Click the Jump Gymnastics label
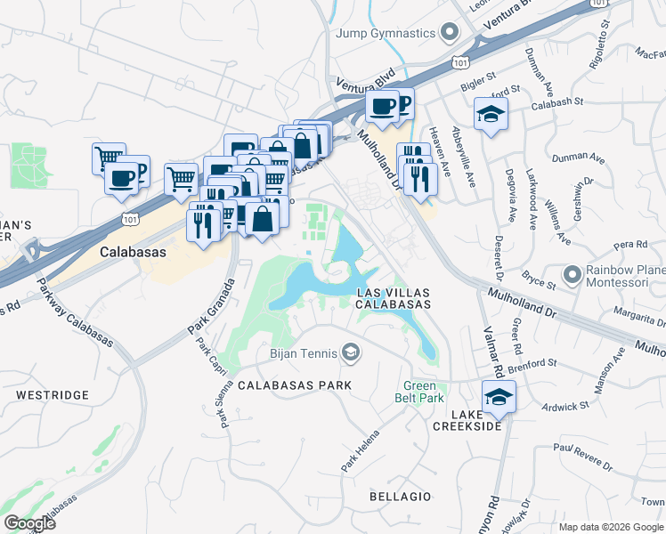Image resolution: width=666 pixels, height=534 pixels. [386, 33]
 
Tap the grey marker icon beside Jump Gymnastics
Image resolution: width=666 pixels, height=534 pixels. [449, 33]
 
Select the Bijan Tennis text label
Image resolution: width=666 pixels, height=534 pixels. [303, 354]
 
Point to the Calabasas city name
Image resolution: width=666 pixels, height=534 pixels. [134, 251]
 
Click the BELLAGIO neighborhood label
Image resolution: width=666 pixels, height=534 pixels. [402, 496]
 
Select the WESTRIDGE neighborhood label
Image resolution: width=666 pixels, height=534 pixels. [52, 394]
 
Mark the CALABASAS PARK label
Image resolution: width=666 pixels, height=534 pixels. [295, 385]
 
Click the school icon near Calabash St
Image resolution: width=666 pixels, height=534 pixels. [490, 114]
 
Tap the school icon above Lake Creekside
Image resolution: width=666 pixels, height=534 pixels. [499, 397]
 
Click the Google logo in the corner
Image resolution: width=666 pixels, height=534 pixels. [29, 523]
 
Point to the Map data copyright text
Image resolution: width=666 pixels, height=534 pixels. [610, 527]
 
